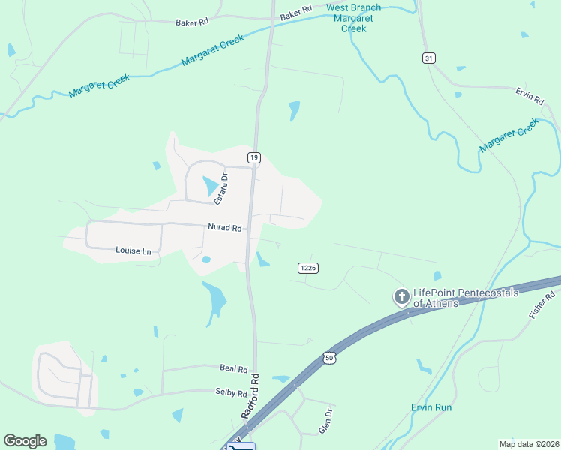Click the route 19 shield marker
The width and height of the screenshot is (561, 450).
(255, 157)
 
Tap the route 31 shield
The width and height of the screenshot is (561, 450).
(428, 58)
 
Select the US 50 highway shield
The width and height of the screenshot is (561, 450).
(329, 358)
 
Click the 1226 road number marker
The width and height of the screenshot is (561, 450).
(307, 268)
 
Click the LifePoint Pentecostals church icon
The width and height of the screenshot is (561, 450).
(401, 297)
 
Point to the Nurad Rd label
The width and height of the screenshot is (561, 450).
(225, 227)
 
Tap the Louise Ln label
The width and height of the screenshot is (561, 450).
(133, 250)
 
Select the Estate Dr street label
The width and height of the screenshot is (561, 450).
(220, 187)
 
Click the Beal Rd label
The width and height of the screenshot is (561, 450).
(233, 369)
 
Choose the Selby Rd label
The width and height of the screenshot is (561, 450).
(231, 393)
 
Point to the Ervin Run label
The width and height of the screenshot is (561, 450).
(431, 407)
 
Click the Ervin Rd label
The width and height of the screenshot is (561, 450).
(529, 96)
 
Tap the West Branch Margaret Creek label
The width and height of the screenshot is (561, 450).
(353, 18)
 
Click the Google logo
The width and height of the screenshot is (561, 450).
(25, 441)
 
